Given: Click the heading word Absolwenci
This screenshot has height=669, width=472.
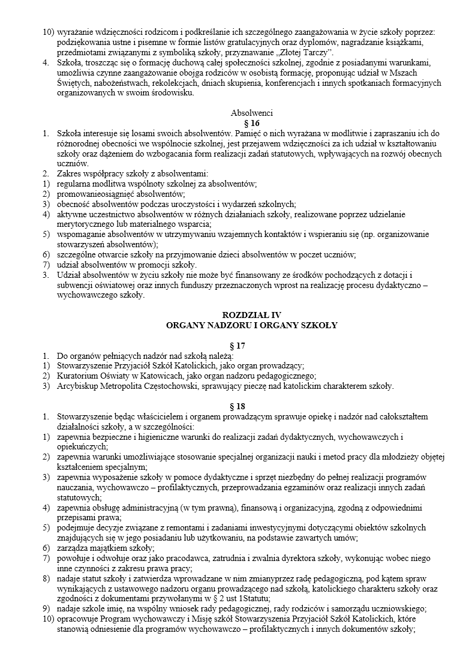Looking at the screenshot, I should pyautogui.click(x=252, y=113).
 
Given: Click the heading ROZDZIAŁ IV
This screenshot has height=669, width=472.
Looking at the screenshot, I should pyautogui.click(x=251, y=315).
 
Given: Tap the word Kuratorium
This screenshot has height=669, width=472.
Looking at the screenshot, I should pyautogui.click(x=79, y=376).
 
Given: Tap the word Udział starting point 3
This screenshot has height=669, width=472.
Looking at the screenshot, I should pyautogui.click(x=69, y=275).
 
